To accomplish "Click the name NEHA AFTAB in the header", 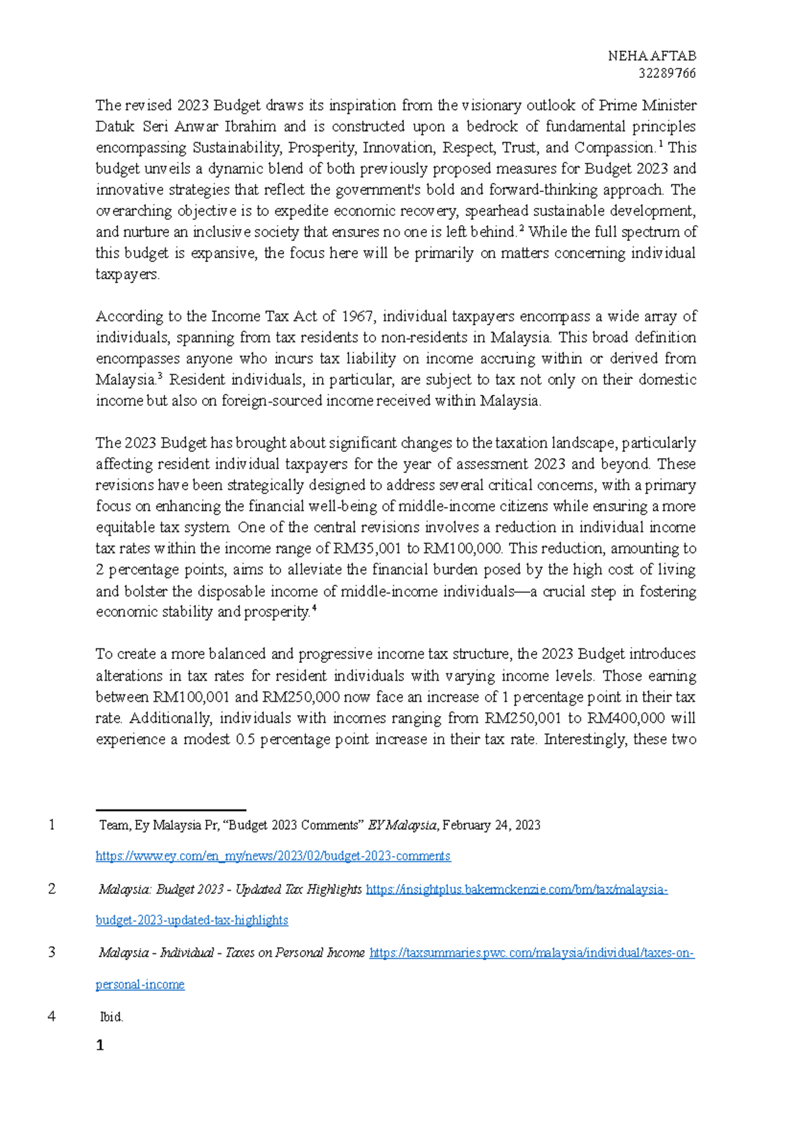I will pyautogui.click(x=651, y=56).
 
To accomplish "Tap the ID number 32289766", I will pyautogui.click(x=667, y=73).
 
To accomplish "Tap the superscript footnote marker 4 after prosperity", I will pyautogui.click(x=314, y=609).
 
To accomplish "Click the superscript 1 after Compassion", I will pyautogui.click(x=661, y=144).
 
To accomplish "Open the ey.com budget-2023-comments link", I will pyautogui.click(x=273, y=856).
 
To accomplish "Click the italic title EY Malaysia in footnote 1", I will pyautogui.click(x=402, y=825).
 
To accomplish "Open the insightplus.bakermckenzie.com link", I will pyautogui.click(x=516, y=889).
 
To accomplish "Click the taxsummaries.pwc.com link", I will pyautogui.click(x=531, y=953).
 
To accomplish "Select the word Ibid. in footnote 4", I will pyautogui.click(x=111, y=1017).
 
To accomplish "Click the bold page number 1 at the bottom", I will pyautogui.click(x=100, y=1045).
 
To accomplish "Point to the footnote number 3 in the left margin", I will pyautogui.click(x=51, y=952).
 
